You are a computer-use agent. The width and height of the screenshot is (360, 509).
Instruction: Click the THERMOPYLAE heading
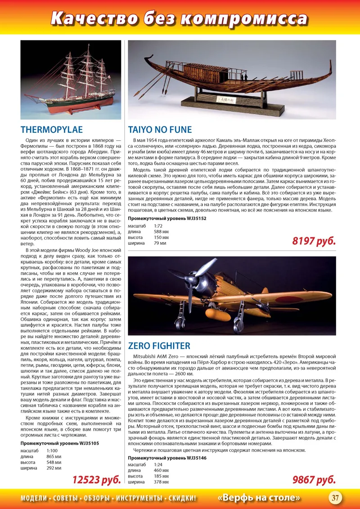52,130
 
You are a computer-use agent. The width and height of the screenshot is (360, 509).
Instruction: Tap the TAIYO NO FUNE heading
160,130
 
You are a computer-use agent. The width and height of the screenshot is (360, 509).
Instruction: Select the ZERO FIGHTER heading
159,346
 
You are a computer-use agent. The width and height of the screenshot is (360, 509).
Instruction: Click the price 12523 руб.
97,480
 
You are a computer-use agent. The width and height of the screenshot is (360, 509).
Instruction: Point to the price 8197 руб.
314,241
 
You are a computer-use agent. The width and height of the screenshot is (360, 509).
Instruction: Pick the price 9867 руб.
314,480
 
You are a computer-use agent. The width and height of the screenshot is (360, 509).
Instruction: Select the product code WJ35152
196,218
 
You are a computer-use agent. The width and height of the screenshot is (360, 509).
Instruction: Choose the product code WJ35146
196,458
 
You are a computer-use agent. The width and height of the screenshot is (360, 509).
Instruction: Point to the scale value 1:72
158,226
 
